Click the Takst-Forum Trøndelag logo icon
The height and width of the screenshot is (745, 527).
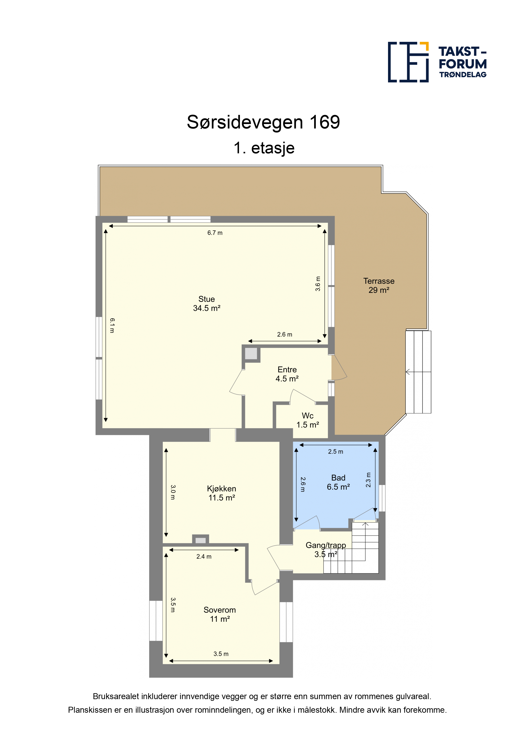408,62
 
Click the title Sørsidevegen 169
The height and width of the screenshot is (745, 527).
263,122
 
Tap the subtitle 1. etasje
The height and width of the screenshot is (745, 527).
264,148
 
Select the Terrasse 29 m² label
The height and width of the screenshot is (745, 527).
379,286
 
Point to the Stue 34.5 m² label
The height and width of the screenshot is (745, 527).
207,304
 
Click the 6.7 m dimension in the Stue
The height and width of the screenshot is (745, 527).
215,233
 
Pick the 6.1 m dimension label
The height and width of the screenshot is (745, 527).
112,325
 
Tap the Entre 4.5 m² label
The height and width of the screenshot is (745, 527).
287,374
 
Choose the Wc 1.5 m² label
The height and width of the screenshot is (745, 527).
307,420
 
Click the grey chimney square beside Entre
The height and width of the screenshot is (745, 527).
251,353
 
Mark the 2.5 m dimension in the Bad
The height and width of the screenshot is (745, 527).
335,452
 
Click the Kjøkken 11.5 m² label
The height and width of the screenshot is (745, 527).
221,493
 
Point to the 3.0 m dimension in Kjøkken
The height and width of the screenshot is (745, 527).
173,492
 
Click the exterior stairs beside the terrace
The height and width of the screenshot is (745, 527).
418,372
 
